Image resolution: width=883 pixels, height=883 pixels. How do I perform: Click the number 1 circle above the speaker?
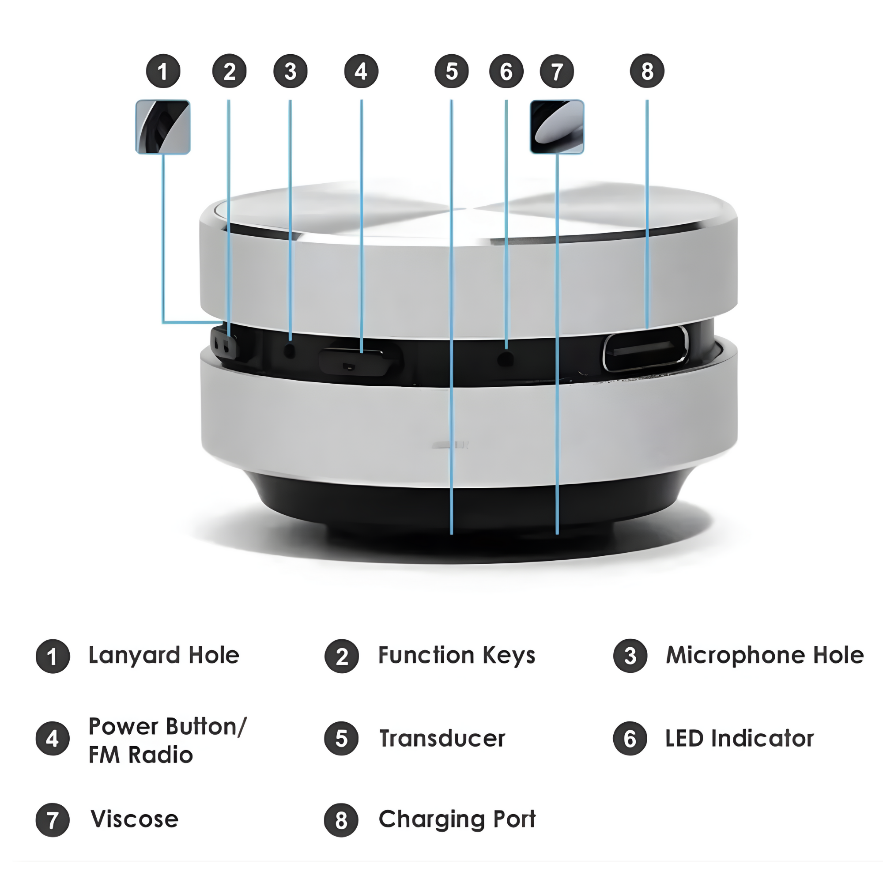click(163, 71)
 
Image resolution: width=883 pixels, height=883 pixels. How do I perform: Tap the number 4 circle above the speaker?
click(361, 71)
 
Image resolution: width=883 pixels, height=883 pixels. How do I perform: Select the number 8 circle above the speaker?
click(647, 71)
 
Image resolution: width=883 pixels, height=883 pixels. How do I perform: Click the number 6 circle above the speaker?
click(506, 71)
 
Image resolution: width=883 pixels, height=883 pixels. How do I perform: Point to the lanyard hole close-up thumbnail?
click(163, 127)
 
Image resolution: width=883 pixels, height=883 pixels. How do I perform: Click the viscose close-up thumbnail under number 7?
click(557, 127)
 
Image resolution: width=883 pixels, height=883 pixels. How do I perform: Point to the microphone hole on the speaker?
click(290, 351)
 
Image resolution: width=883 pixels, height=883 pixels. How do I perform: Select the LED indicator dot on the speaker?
click(506, 358)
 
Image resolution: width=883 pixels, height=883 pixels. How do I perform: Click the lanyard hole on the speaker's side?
click(224, 343)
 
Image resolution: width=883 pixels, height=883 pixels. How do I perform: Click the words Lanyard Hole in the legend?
click(164, 655)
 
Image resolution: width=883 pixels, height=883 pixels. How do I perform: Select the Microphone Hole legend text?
click(765, 655)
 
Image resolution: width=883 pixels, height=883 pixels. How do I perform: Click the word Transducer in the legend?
click(442, 739)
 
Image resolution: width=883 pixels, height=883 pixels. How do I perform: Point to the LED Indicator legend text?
click(740, 739)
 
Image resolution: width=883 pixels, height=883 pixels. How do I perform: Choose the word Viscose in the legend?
click(134, 819)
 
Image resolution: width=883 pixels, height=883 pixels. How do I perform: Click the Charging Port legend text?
click(457, 819)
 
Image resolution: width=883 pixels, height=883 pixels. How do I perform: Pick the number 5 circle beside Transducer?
click(341, 739)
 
